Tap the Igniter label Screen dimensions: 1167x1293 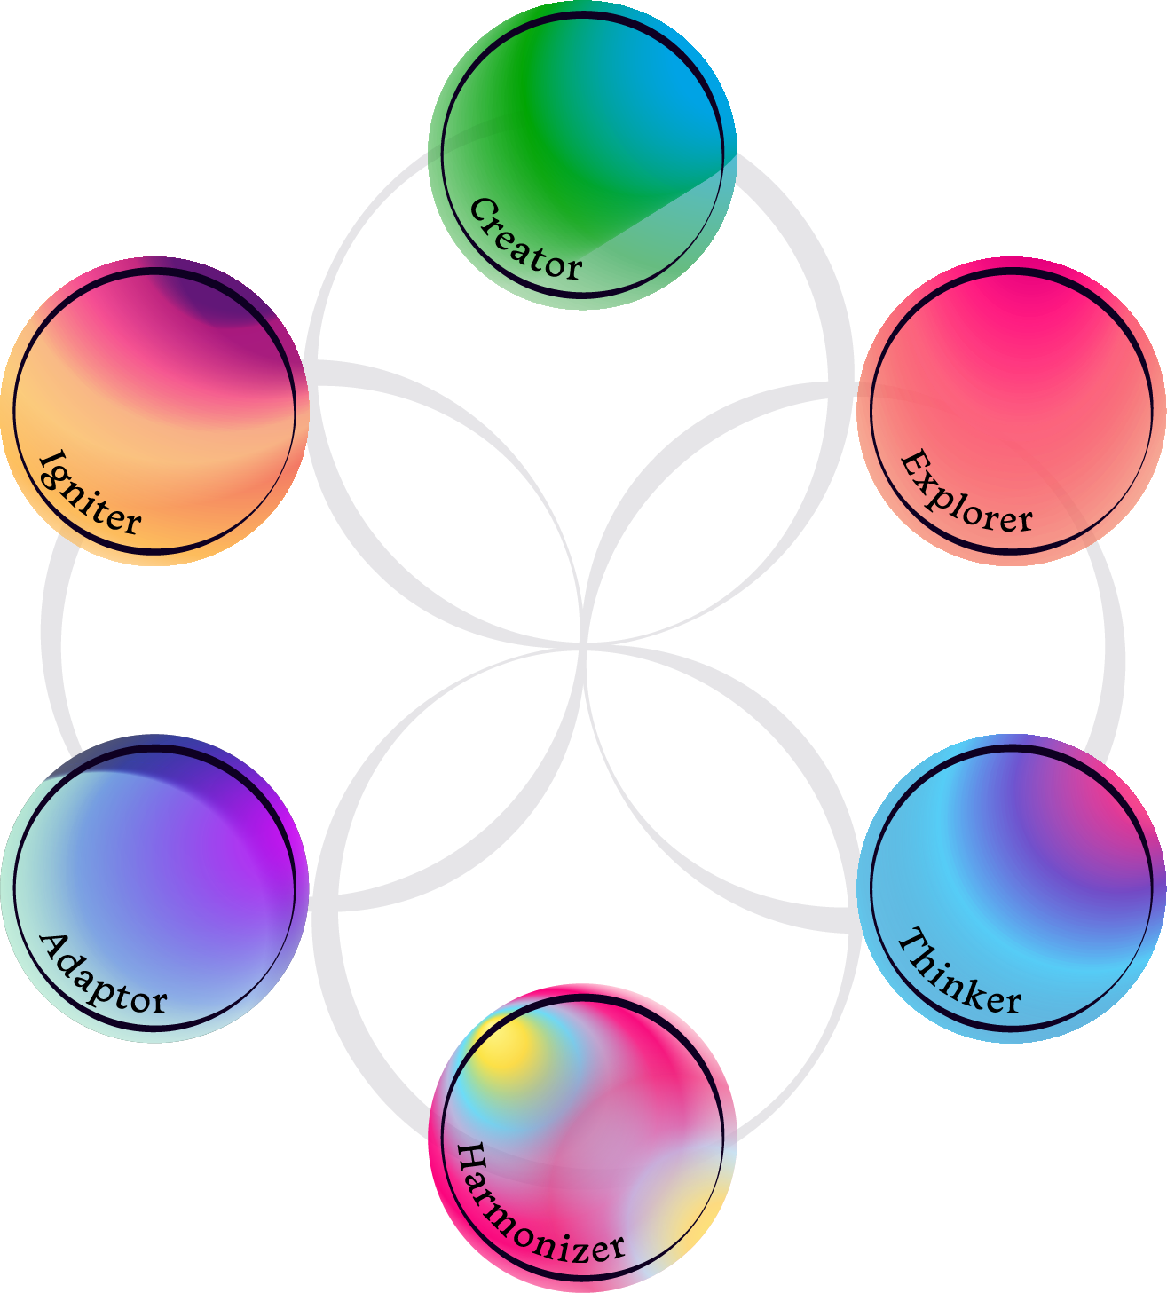point(90,495)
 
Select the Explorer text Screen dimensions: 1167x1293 point(966,494)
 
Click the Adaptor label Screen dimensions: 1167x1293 point(103,976)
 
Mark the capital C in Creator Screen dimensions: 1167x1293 point(482,211)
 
